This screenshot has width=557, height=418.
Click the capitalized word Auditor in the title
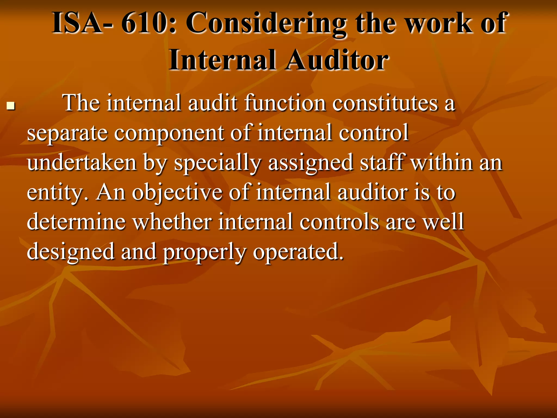pos(337,60)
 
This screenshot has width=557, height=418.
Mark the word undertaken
pos(82,162)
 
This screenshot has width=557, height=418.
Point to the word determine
pos(76,222)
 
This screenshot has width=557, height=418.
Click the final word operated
pos(298,252)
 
